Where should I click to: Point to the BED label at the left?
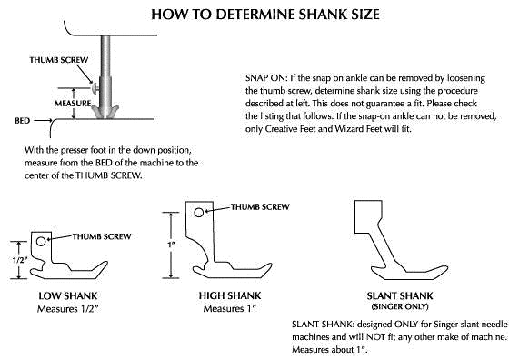24,119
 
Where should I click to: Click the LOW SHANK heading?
69,296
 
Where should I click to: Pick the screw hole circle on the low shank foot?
39,243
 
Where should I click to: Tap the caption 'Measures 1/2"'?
69,309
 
